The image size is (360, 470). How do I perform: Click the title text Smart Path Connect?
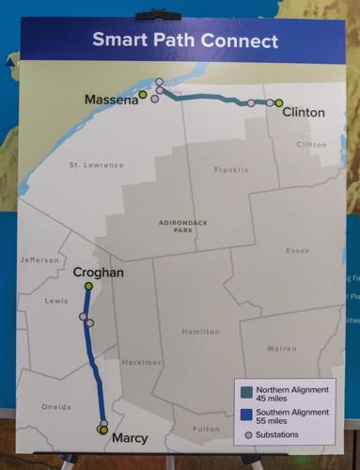(x=184, y=41)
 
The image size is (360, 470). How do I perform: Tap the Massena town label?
(x=111, y=100)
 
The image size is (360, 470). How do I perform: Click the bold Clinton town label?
(x=303, y=113)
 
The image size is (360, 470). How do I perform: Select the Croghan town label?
(x=98, y=273)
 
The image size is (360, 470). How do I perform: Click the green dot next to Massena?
(x=143, y=94)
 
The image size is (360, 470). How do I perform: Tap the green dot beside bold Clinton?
(x=279, y=102)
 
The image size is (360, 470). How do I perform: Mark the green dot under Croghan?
(x=88, y=286)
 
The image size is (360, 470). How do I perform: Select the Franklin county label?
(x=229, y=170)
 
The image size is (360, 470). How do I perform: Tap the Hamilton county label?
(x=200, y=332)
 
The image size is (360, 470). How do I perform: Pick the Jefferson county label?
(x=39, y=260)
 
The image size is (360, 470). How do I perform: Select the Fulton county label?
(x=206, y=429)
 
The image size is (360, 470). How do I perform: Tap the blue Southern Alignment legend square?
(x=247, y=415)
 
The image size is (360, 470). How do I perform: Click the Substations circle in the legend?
(x=247, y=434)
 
